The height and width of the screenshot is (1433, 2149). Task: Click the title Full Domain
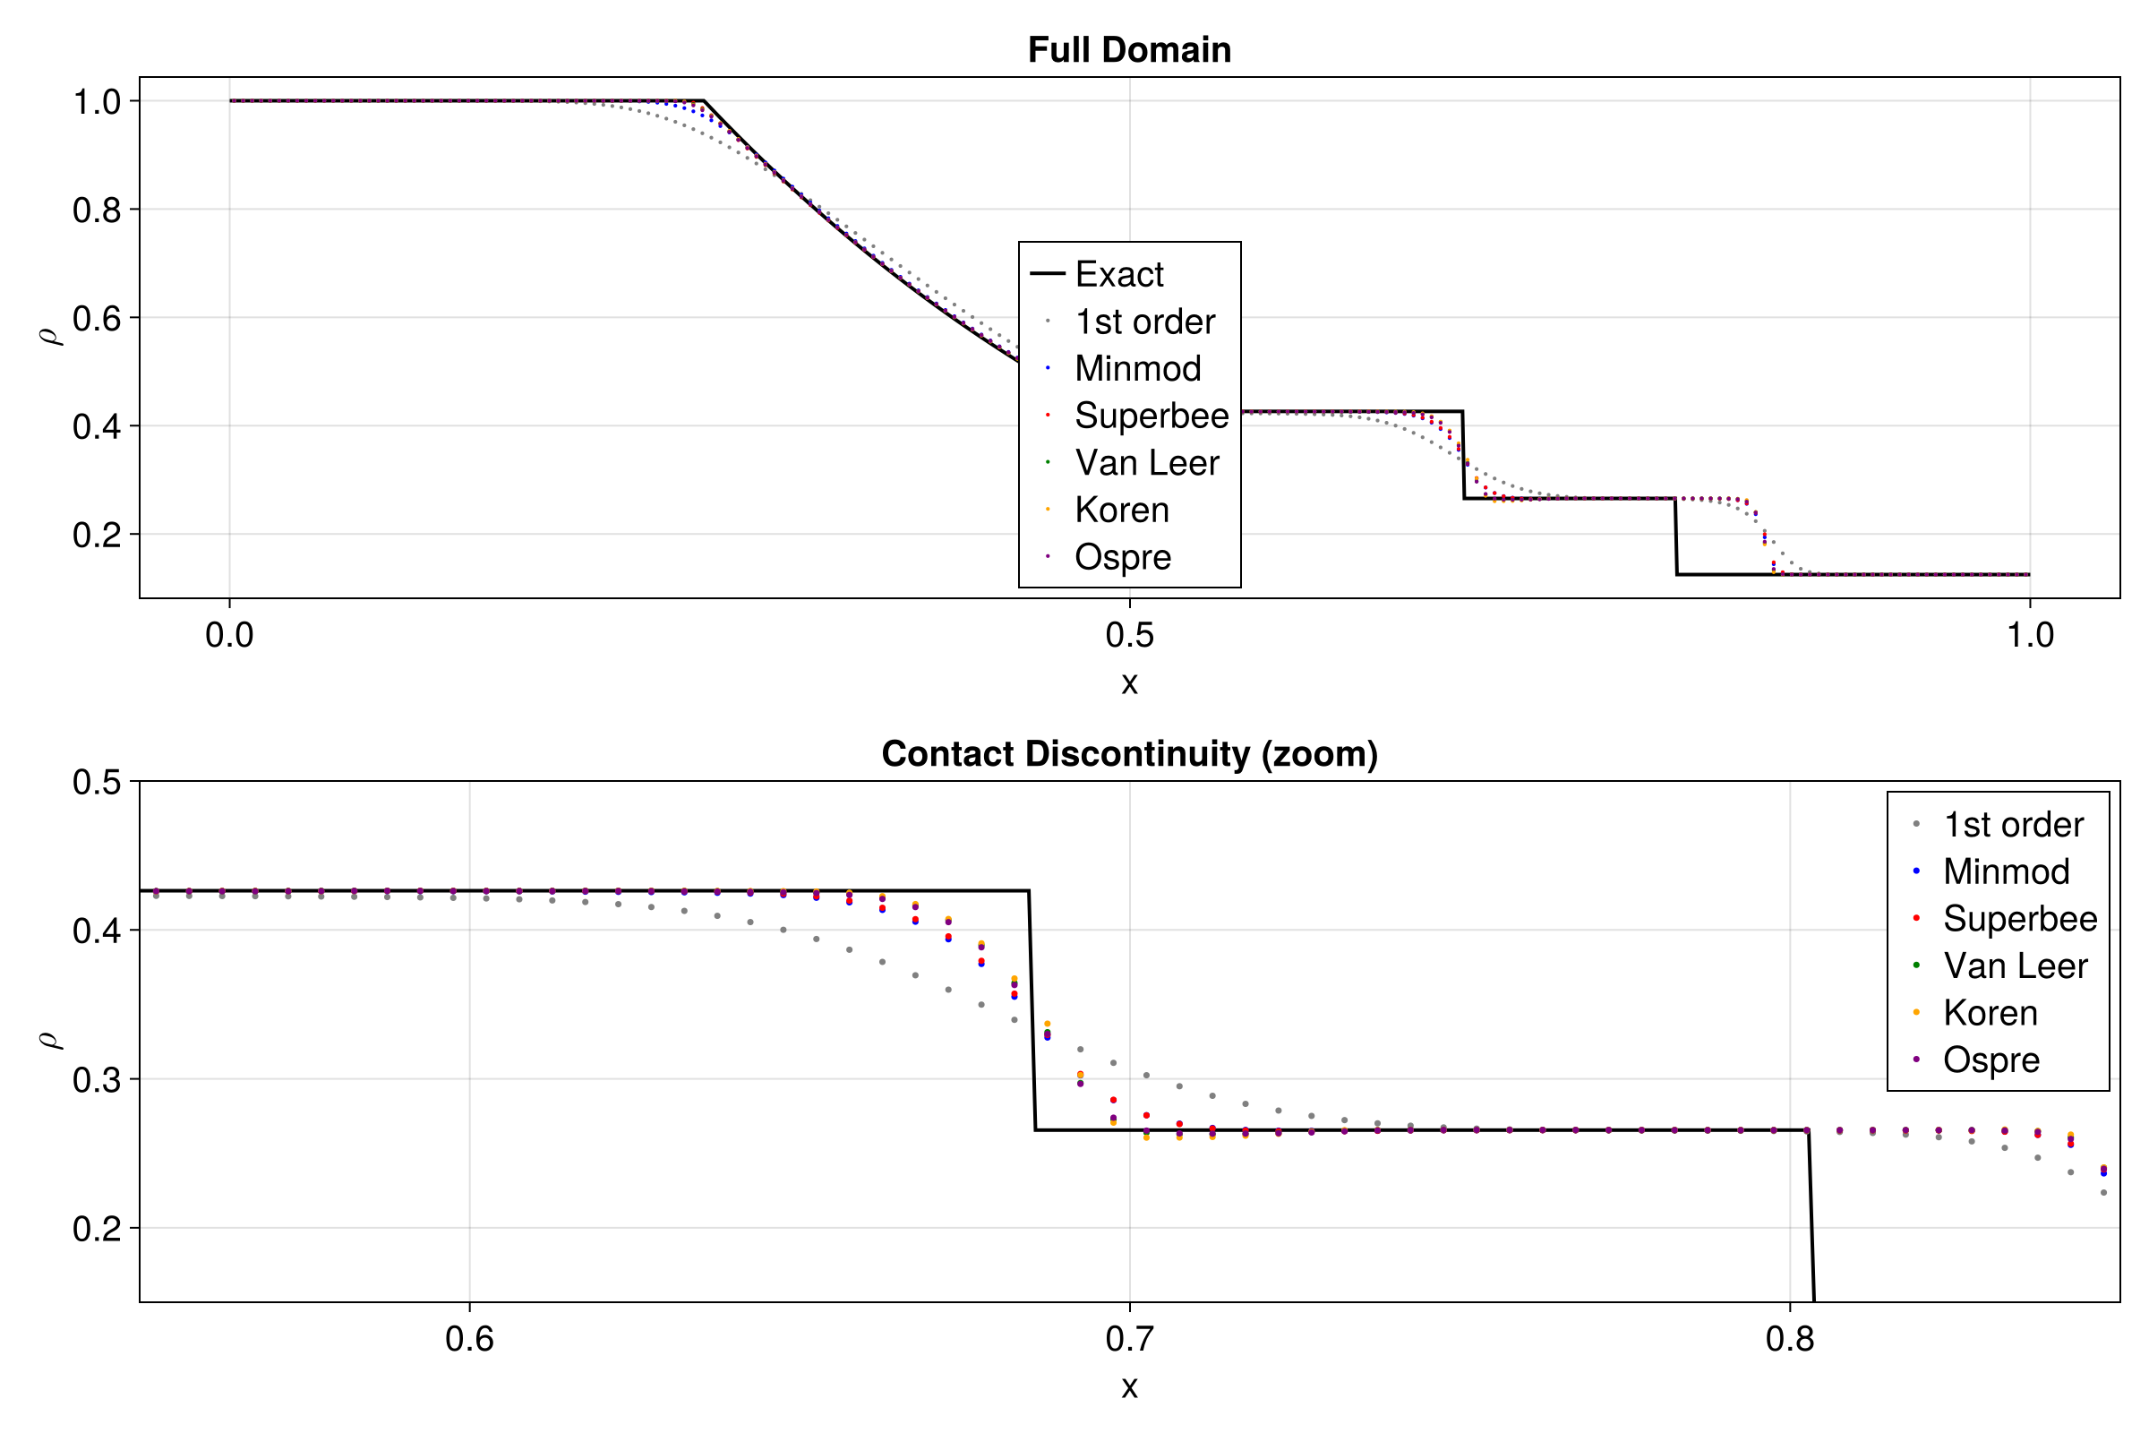pyautogui.click(x=1129, y=49)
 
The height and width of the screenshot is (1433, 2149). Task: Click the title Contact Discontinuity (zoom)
pyautogui.click(x=1129, y=754)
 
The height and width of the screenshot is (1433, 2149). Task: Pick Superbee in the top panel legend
pyautogui.click(x=1152, y=416)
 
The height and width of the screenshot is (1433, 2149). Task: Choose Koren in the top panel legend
pyautogui.click(x=1121, y=510)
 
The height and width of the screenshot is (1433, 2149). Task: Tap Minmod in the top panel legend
pyautogui.click(x=1137, y=368)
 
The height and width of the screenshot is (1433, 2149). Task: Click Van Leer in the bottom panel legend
pyautogui.click(x=2015, y=966)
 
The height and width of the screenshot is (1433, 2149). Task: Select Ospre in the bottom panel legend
pyautogui.click(x=1991, y=1060)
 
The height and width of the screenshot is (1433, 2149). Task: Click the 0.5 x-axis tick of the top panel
pyautogui.click(x=1129, y=635)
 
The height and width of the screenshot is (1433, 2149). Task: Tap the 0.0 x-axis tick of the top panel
pyautogui.click(x=229, y=635)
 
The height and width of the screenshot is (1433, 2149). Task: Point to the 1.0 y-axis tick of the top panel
pyautogui.click(x=97, y=102)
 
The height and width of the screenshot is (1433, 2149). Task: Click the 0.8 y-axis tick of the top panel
pyautogui.click(x=97, y=210)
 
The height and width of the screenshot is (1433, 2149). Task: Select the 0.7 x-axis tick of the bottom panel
pyautogui.click(x=1129, y=1340)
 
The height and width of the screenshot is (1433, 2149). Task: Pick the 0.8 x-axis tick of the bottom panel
pyautogui.click(x=1790, y=1340)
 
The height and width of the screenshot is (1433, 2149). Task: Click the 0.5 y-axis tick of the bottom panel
pyautogui.click(x=97, y=782)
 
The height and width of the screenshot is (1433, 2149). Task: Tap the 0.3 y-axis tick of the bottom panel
pyautogui.click(x=97, y=1080)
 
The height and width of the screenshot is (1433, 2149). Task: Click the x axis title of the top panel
pyautogui.click(x=1129, y=682)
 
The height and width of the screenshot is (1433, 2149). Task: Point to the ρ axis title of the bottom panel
pyautogui.click(x=50, y=1040)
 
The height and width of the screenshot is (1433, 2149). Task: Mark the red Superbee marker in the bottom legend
pyautogui.click(x=1916, y=919)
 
